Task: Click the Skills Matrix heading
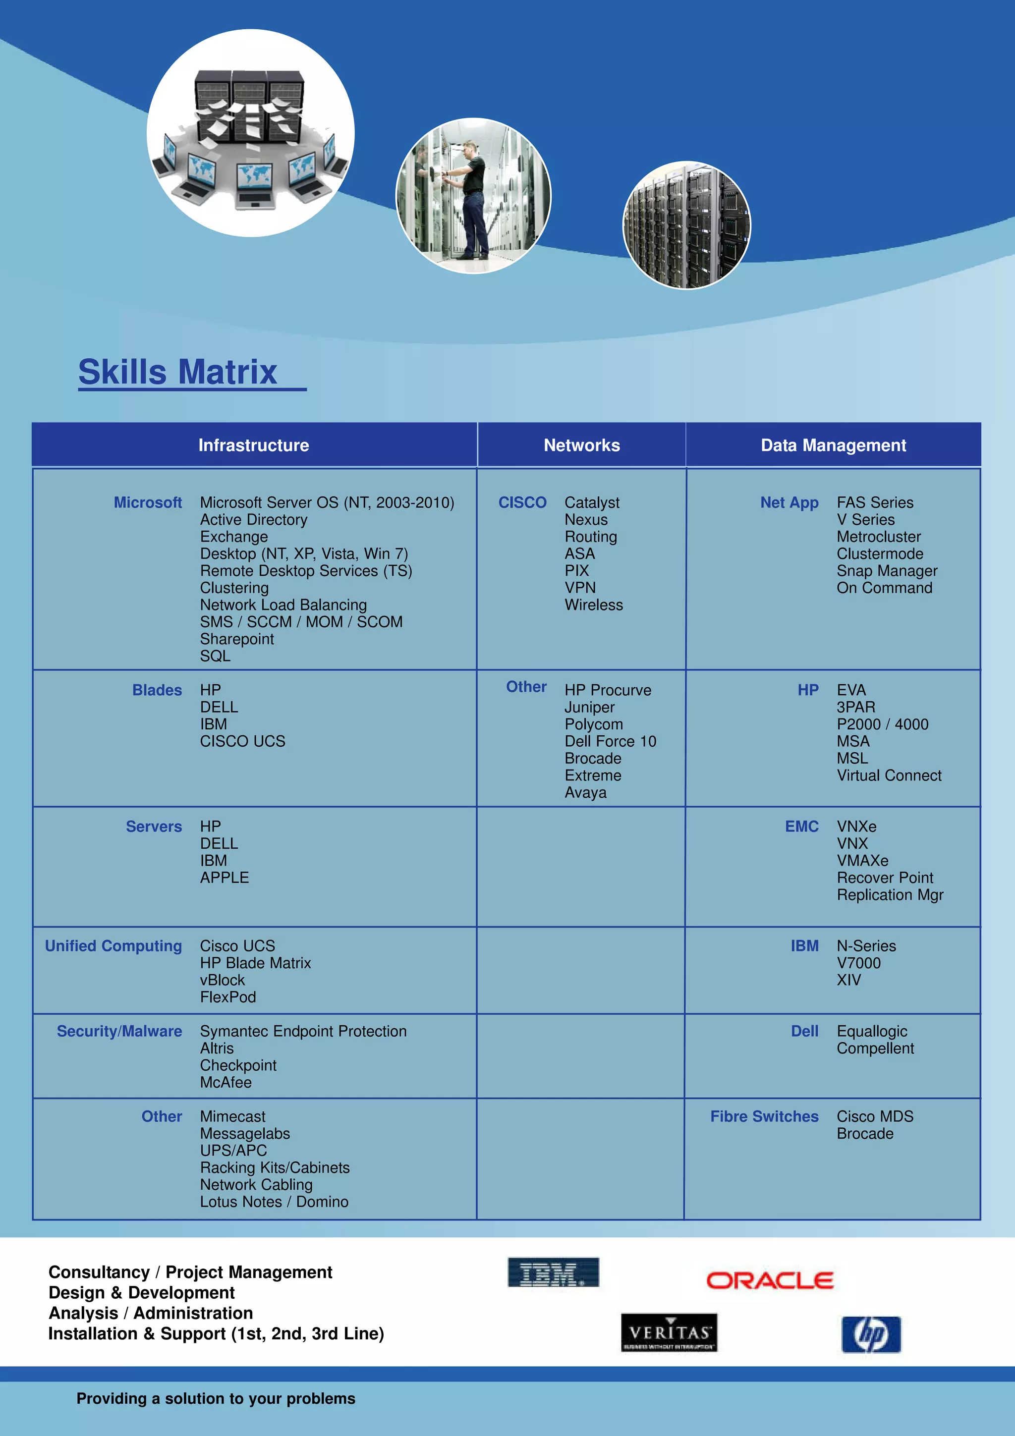[177, 372]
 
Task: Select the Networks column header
[582, 445]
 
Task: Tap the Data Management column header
[833, 445]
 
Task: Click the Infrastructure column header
[253, 445]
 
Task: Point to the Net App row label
[789, 503]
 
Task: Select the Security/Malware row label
[119, 1031]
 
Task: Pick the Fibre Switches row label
[764, 1116]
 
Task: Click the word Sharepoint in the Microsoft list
[237, 639]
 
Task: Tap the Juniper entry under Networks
[589, 708]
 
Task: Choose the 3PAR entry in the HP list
[855, 708]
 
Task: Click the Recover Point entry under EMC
[884, 878]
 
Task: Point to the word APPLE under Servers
[224, 878]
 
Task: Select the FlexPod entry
[227, 997]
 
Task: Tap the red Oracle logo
[769, 1281]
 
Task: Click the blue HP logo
[871, 1335]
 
